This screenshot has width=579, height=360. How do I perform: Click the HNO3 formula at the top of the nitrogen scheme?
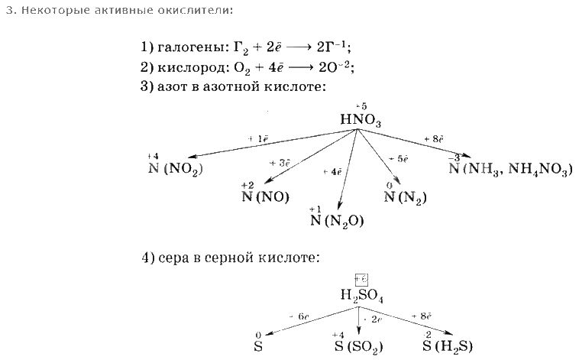click(361, 120)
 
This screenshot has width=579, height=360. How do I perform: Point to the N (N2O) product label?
click(337, 221)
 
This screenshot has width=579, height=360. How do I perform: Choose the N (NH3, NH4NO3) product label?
click(510, 169)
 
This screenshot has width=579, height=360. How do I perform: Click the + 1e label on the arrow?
click(258, 138)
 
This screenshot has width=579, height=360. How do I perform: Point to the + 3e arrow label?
click(280, 163)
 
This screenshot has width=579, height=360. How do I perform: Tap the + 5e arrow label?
click(398, 158)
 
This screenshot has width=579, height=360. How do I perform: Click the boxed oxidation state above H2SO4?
click(361, 280)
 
